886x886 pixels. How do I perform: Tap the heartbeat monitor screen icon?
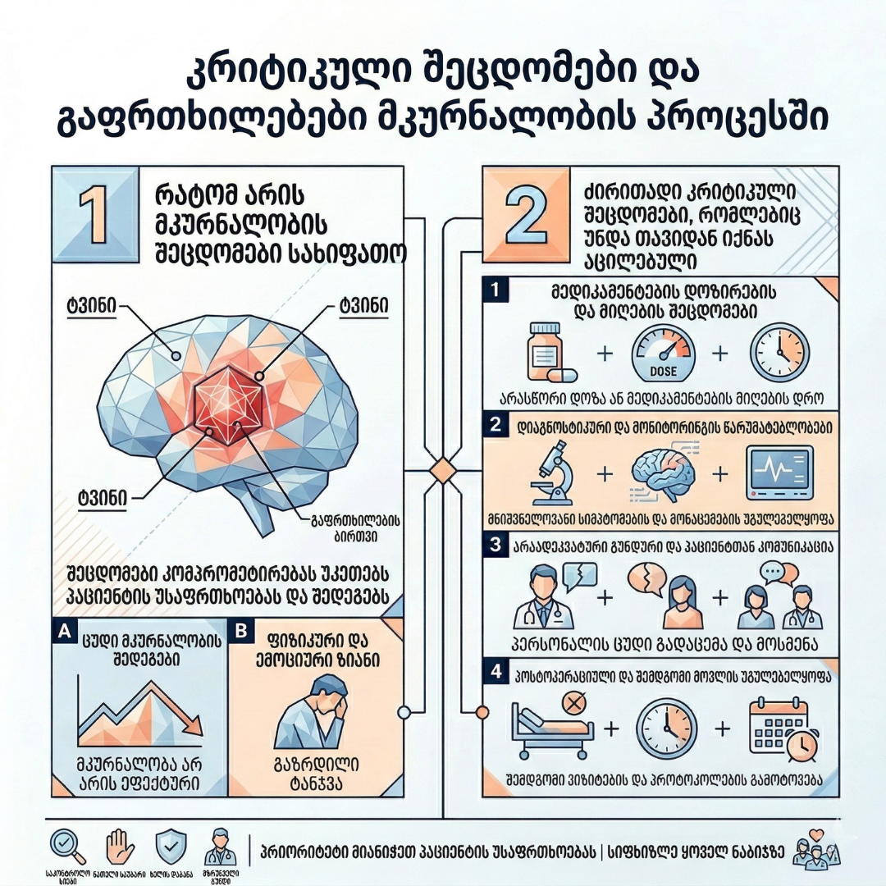pyautogui.click(x=779, y=474)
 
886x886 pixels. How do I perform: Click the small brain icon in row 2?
pyautogui.click(x=664, y=473)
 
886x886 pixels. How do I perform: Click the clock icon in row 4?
pyautogui.click(x=666, y=728)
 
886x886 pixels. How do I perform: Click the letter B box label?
pyautogui.click(x=241, y=631)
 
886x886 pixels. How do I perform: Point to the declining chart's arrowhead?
pyautogui.click(x=194, y=724)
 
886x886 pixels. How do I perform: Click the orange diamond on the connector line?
pyautogui.click(x=443, y=472)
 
